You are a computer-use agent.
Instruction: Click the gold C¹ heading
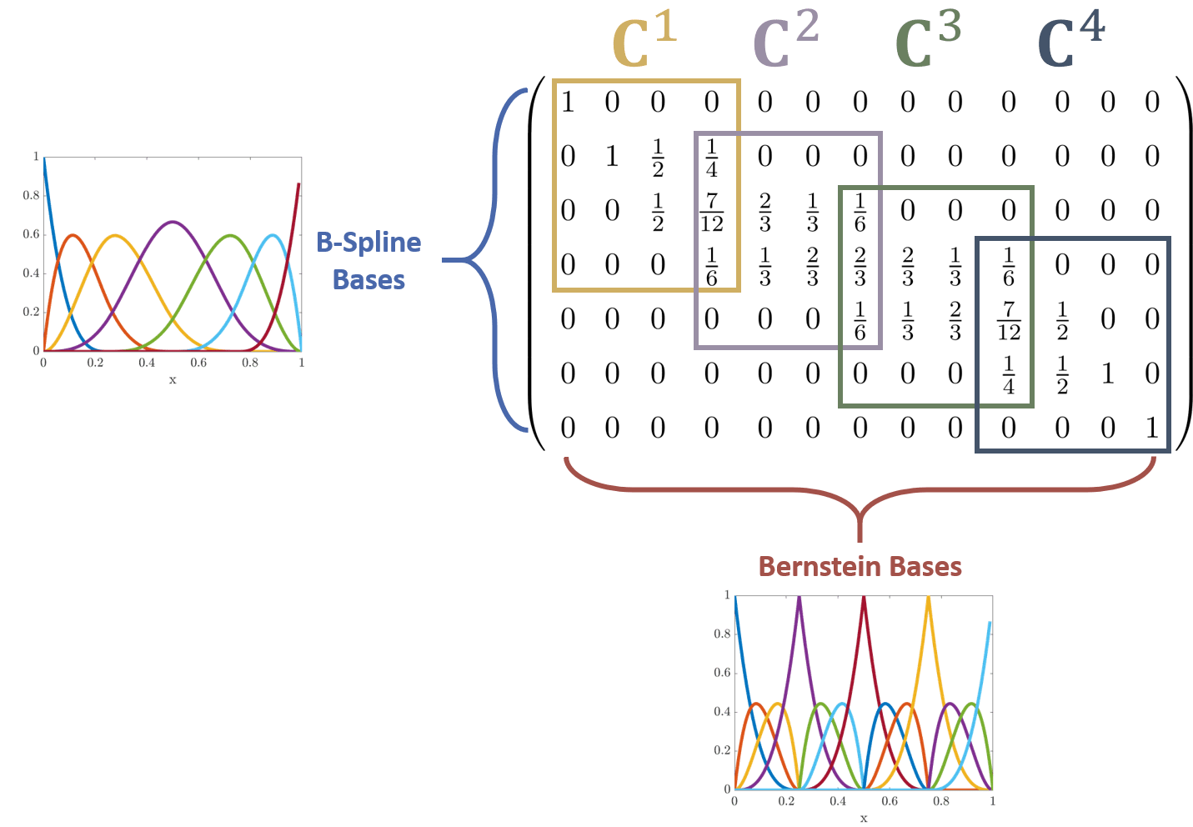pyautogui.click(x=643, y=42)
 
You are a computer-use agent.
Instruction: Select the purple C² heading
pyautogui.click(x=785, y=42)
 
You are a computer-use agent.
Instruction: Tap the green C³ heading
pyautogui.click(x=927, y=42)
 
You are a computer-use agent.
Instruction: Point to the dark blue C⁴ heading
pyautogui.click(x=1070, y=42)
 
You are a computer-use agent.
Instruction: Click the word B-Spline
pyautogui.click(x=368, y=243)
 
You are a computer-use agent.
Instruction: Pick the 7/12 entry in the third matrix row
pyautogui.click(x=711, y=212)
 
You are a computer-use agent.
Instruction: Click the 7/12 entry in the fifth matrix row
pyautogui.click(x=1008, y=321)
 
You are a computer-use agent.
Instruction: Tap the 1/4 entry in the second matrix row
pyautogui.click(x=711, y=158)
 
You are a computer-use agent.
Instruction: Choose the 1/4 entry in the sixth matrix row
pyautogui.click(x=1008, y=375)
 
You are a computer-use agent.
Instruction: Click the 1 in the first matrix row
pyautogui.click(x=568, y=103)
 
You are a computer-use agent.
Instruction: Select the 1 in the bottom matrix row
pyautogui.click(x=1151, y=428)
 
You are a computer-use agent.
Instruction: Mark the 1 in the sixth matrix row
pyautogui.click(x=1107, y=374)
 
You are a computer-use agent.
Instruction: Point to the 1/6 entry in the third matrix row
pyautogui.click(x=860, y=212)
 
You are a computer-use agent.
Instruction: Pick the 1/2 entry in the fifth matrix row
pyautogui.click(x=1061, y=321)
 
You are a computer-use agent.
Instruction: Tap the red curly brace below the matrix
pyautogui.click(x=860, y=500)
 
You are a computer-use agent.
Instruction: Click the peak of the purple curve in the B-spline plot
pyautogui.click(x=173, y=221)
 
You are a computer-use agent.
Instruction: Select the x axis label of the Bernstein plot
pyautogui.click(x=864, y=819)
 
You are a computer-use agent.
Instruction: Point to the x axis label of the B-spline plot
pyautogui.click(x=173, y=381)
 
